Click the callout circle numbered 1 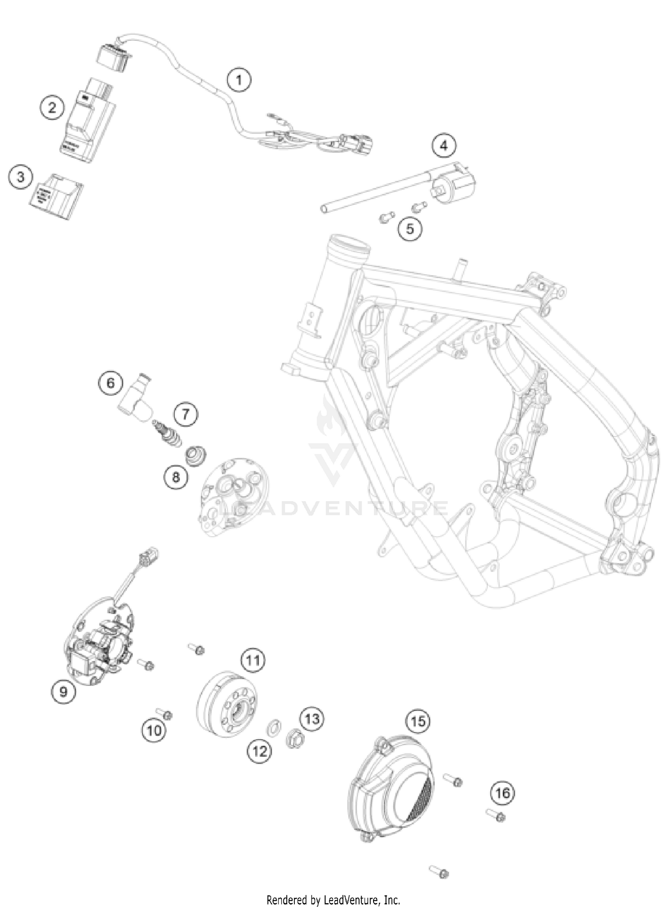point(239,80)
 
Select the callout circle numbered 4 point(444,145)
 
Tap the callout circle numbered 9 point(64,692)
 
